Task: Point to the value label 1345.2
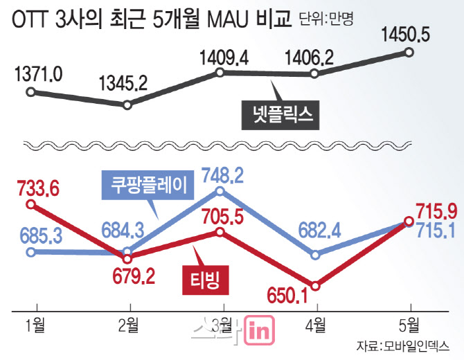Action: click(123, 84)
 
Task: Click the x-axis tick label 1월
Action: click(31, 325)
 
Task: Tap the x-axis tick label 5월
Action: click(409, 325)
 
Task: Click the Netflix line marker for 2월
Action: click(127, 105)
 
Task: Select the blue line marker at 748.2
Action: click(221, 190)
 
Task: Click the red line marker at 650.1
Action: click(315, 285)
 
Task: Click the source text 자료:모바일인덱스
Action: click(401, 345)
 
